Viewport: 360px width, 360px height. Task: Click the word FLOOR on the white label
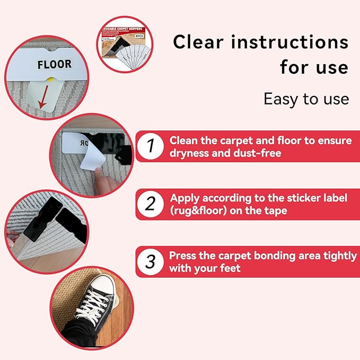pos(54,64)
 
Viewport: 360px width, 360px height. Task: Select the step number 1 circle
pos(151,145)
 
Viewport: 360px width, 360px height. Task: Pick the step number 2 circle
pos(151,204)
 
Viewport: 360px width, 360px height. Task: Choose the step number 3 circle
pos(151,261)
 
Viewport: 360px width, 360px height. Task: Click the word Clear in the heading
pos(198,42)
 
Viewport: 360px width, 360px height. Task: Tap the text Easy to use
pos(306,99)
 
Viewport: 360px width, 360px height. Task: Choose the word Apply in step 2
pos(185,198)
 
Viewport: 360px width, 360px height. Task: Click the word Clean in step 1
pos(183,140)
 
